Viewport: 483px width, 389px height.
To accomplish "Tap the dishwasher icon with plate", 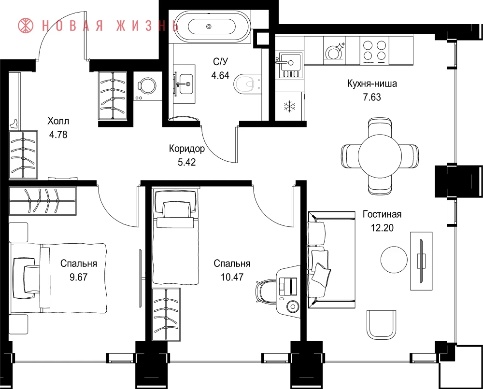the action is [334, 51].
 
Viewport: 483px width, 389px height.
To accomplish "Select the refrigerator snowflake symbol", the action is [289, 106].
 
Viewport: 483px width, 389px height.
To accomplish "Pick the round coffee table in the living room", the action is [394, 259].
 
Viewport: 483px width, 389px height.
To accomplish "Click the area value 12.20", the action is [382, 228].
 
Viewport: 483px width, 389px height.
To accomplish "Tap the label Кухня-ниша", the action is [372, 83].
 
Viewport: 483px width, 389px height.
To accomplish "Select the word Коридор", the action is [186, 149].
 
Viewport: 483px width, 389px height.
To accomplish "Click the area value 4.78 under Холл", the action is [58, 135].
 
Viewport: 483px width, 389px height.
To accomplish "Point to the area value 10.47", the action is [232, 277].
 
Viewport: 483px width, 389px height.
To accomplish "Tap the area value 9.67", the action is [79, 277].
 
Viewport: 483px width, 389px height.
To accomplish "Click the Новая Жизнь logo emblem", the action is [26, 26].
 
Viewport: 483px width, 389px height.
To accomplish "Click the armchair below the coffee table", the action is [381, 324].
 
